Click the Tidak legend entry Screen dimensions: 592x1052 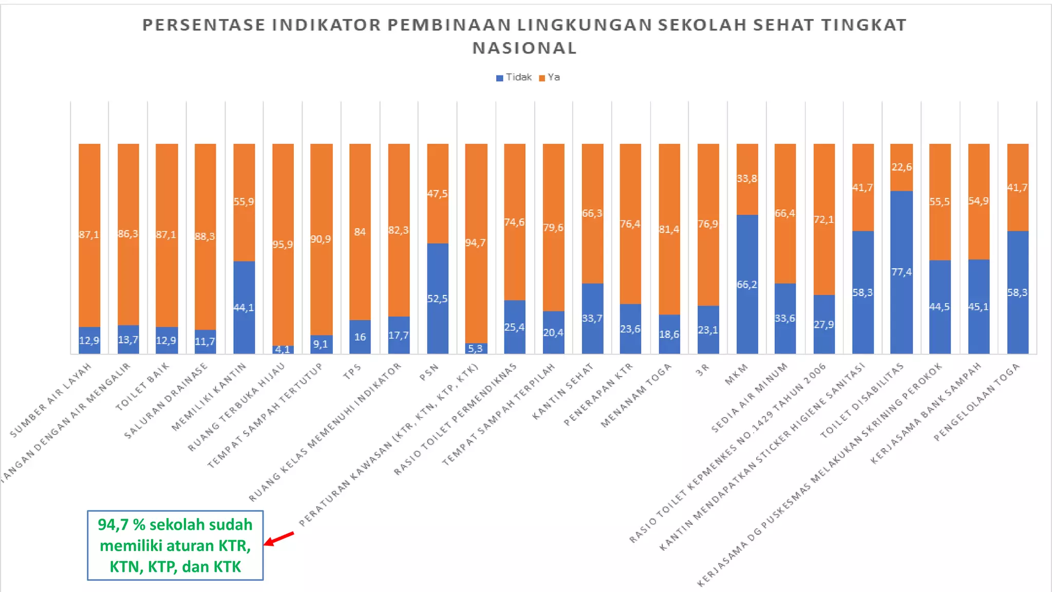(x=514, y=78)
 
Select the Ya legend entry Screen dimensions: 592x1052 (x=550, y=78)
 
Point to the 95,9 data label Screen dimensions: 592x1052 (x=283, y=245)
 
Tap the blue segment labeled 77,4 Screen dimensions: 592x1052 (x=901, y=272)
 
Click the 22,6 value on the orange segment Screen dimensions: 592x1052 (x=901, y=167)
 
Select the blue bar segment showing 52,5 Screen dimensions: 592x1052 (x=438, y=298)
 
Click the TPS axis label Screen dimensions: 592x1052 (x=352, y=372)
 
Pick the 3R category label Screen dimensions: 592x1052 (x=702, y=369)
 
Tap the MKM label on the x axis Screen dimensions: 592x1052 (x=736, y=374)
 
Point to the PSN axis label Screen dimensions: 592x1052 (x=429, y=372)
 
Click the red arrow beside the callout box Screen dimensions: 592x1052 (x=279, y=539)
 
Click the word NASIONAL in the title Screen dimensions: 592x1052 (x=524, y=48)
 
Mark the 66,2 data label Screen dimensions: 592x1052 (x=747, y=285)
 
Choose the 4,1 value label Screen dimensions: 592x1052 (x=283, y=349)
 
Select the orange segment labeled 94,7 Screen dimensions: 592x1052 (x=476, y=243)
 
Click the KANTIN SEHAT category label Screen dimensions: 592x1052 (x=563, y=391)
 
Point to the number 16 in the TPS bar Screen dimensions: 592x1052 (x=360, y=337)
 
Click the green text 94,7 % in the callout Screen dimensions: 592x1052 (x=122, y=525)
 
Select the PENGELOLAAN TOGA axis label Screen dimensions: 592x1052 (x=976, y=402)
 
